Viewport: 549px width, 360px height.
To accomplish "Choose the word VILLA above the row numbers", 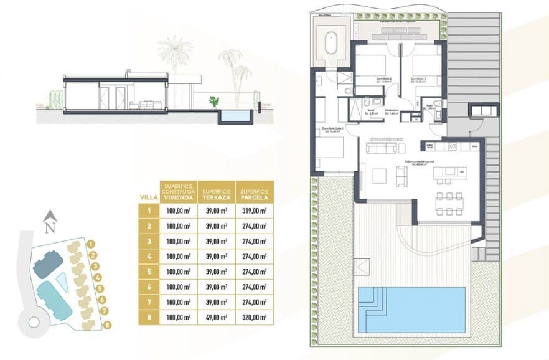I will point(149,197).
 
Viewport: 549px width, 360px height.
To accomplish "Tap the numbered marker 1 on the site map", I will point(91,245).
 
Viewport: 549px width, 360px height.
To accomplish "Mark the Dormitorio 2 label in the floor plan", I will point(384,78).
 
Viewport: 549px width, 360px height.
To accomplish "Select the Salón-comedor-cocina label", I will point(420,161).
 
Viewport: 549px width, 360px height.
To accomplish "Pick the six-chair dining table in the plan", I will point(452,202).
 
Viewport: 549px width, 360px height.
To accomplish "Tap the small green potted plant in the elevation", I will point(215,100).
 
